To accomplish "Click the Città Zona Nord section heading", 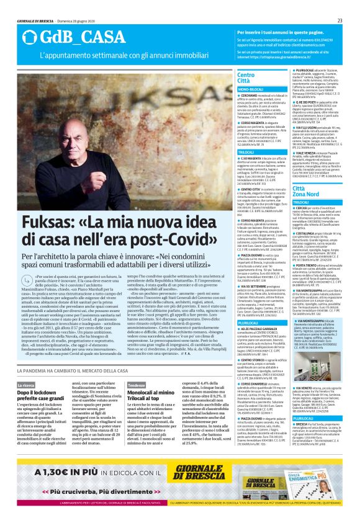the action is (x=308, y=191).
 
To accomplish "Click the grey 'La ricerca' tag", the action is (x=26, y=386).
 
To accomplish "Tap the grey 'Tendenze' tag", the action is (x=136, y=386).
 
